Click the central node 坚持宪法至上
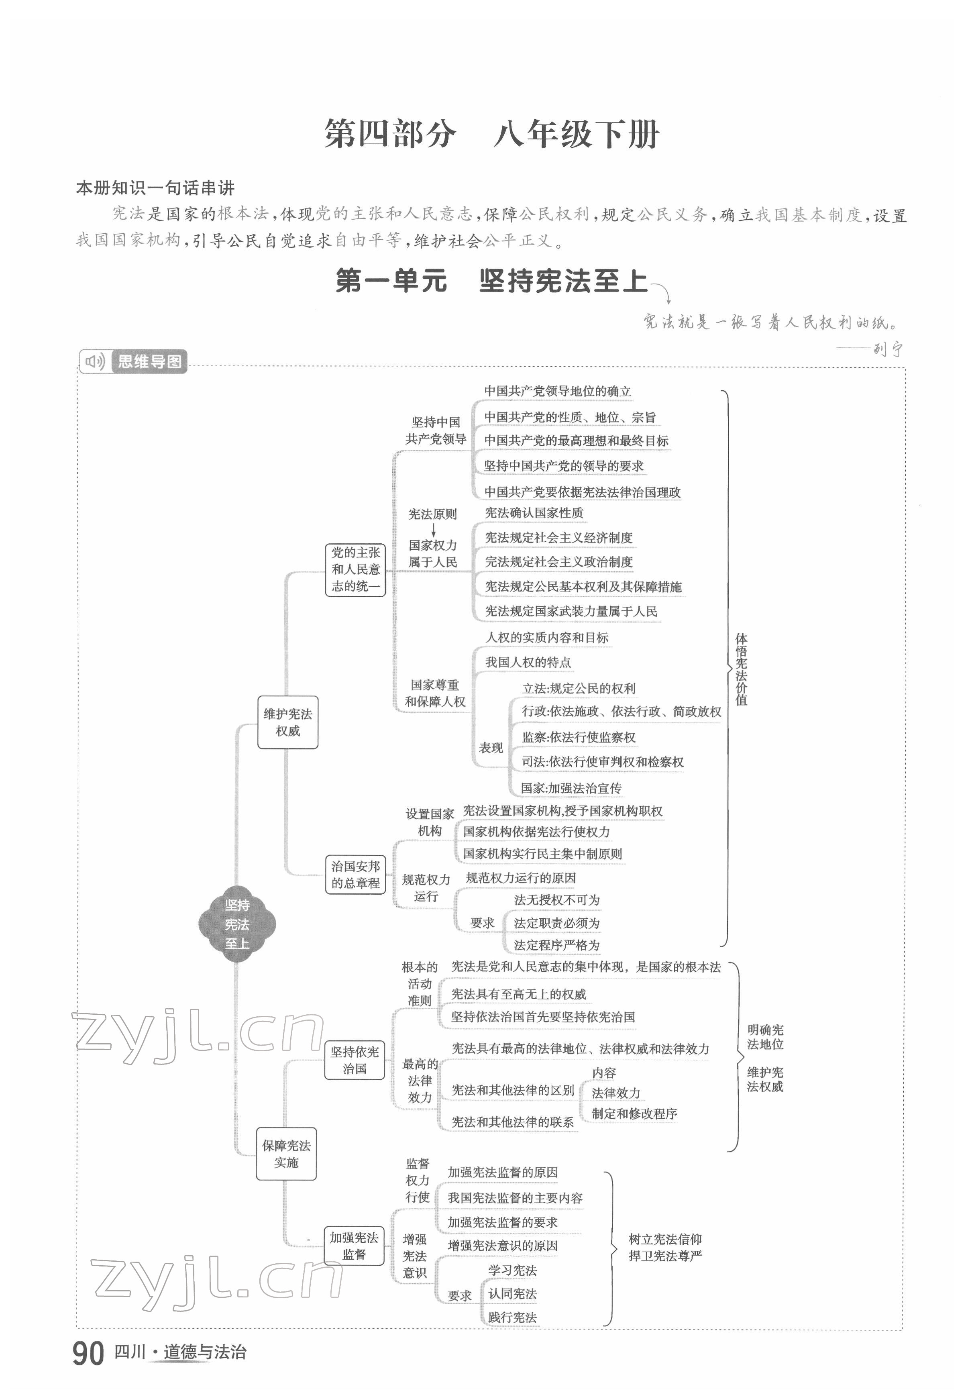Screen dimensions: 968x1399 237,924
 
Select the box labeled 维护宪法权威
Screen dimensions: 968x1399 287,722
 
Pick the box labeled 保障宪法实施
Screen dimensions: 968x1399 286,1154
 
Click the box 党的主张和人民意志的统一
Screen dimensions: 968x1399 355,569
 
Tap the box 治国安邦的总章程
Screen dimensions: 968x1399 355,875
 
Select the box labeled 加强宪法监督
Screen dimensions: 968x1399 354,1246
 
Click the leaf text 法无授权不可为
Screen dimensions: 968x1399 557,900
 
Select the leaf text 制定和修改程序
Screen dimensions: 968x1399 634,1113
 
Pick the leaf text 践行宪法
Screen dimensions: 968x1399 513,1317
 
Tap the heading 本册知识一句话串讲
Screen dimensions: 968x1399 155,188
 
